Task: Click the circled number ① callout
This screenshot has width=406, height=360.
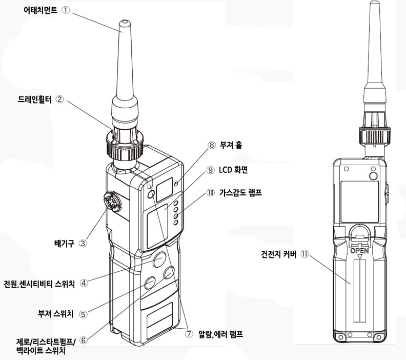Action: coord(66,10)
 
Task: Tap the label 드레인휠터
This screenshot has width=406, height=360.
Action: coord(35,99)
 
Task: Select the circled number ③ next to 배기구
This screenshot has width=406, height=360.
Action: coord(83,244)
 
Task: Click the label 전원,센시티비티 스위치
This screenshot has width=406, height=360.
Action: coord(39,284)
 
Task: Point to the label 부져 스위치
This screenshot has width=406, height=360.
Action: coord(55,314)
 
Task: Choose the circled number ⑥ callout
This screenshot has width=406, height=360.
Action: coord(84,340)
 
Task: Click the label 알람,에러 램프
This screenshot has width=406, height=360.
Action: coord(220,334)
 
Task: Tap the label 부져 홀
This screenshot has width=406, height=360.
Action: coord(231,145)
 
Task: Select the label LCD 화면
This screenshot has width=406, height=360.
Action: coord(233,170)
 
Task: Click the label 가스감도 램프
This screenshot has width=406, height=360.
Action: coord(240,192)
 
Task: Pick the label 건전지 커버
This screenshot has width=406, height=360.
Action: coord(278,254)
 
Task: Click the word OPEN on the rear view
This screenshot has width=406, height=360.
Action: coord(359,250)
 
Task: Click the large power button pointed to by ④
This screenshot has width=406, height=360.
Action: coord(159,259)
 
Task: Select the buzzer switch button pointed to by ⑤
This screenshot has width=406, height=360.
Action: coord(150,283)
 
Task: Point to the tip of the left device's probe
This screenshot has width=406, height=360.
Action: coord(124,21)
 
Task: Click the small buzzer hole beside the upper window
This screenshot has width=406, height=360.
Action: coord(176,184)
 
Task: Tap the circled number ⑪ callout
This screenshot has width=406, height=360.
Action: coord(305,254)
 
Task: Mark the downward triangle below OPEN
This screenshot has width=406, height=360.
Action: coord(359,256)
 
